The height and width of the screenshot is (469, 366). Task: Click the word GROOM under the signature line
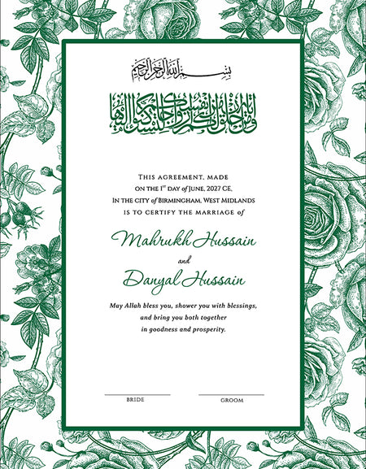click(x=232, y=400)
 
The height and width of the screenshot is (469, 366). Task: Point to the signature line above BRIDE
click(x=137, y=394)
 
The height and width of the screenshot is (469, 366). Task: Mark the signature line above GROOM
click(x=231, y=394)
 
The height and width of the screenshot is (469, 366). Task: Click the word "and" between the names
click(x=183, y=261)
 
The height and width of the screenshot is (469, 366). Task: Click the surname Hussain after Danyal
click(x=213, y=280)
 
